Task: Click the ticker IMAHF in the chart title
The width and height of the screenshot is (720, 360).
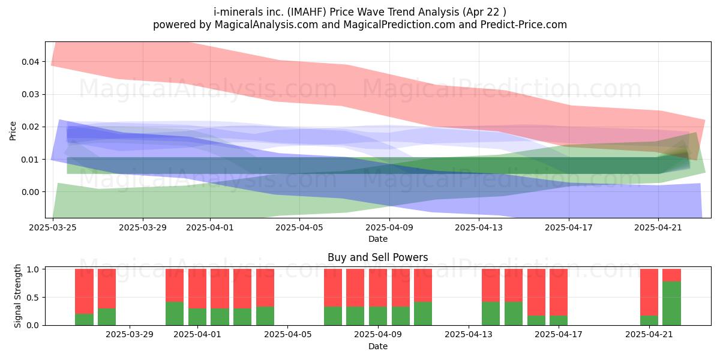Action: tap(307, 12)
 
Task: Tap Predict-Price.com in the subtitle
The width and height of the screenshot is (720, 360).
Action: tap(524, 25)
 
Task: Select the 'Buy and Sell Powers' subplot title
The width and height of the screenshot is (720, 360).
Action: tap(377, 257)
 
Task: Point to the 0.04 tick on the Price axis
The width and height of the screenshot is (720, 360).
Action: tap(30, 62)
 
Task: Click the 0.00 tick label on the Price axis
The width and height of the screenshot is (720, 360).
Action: tap(30, 192)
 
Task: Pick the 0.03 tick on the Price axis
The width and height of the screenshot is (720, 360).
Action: tap(30, 94)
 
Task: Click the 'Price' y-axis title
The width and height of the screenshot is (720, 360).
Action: tap(13, 131)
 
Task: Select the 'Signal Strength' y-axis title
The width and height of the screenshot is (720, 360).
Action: tap(17, 296)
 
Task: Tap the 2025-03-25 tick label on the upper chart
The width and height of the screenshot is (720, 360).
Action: tap(53, 227)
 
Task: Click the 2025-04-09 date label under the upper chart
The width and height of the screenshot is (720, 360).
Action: tap(389, 227)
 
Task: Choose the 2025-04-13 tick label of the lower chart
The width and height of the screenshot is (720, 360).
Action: tap(469, 335)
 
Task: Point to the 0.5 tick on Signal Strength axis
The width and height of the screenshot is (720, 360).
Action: tap(34, 298)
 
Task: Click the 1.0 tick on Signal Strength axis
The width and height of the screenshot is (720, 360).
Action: tap(34, 269)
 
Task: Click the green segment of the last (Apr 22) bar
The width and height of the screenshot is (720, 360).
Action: tap(672, 304)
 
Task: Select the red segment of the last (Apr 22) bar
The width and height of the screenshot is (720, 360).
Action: tap(672, 275)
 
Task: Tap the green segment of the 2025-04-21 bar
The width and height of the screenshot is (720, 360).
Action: tap(649, 320)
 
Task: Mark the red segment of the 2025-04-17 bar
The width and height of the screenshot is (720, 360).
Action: tap(559, 293)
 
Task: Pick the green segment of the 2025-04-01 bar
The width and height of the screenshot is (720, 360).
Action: tap(197, 317)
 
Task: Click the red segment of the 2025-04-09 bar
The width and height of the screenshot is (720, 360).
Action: tap(378, 288)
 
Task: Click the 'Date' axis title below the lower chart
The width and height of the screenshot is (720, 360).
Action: tap(377, 346)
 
